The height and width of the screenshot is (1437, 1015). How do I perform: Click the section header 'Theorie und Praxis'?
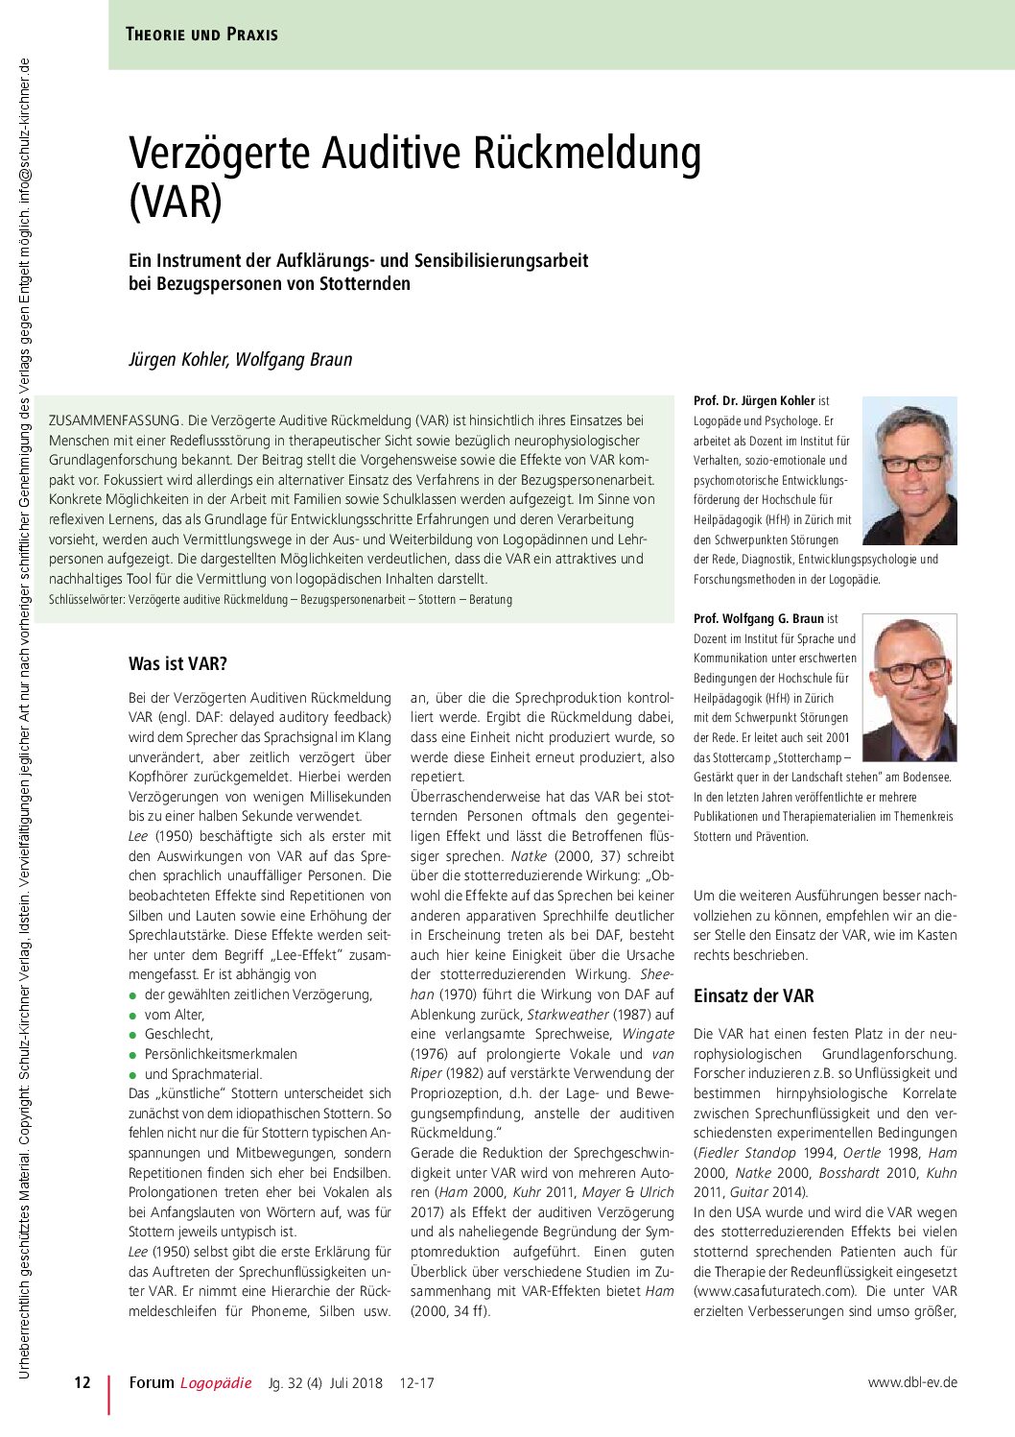tap(201, 35)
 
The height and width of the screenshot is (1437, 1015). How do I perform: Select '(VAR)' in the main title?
tap(176, 204)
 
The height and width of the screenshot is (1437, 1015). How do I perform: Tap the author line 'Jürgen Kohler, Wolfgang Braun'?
tap(241, 360)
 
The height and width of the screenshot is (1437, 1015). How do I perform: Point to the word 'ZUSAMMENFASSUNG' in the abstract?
tap(113, 420)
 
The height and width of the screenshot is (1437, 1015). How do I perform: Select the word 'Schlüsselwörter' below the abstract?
tap(84, 599)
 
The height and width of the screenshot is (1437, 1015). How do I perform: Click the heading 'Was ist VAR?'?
tap(177, 663)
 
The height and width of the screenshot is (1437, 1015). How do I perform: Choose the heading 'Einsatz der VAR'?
tap(753, 995)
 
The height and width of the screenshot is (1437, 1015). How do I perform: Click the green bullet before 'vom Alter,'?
tap(133, 1015)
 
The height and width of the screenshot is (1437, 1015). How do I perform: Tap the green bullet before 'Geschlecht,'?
tap(133, 1035)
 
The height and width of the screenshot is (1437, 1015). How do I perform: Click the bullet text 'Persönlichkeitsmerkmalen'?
tap(221, 1054)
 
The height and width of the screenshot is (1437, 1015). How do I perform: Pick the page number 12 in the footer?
tap(83, 1383)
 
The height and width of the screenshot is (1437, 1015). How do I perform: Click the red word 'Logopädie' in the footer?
tap(216, 1383)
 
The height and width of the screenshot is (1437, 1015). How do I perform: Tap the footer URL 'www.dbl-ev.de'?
tap(912, 1383)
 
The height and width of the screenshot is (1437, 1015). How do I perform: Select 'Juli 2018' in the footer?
tap(356, 1383)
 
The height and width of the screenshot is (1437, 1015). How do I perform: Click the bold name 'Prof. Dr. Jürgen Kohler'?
tap(754, 400)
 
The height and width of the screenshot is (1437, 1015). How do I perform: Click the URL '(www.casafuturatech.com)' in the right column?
tap(773, 1291)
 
